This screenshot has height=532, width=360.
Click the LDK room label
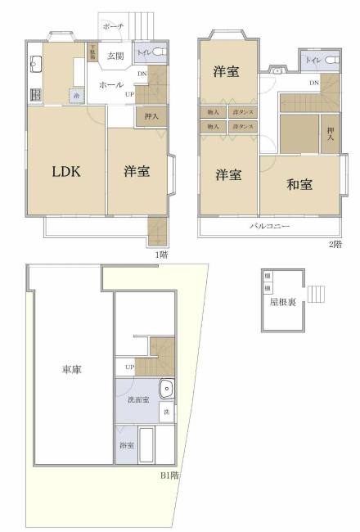tap(66, 172)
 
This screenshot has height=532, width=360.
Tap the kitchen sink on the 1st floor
tap(36, 64)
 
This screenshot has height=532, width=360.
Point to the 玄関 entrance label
tap(115, 56)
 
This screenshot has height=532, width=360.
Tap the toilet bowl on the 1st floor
tap(156, 54)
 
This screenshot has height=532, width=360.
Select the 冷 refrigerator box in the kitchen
tap(76, 96)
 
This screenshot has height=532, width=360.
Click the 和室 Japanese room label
tap(299, 184)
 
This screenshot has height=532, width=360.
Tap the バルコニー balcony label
tap(269, 226)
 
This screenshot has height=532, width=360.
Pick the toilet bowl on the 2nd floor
tap(329, 61)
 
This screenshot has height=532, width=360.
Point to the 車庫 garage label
tap(71, 370)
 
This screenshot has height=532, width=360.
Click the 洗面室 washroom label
tap(137, 399)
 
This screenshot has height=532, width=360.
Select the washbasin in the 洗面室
tap(166, 388)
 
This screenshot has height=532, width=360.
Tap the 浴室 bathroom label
tap(127, 445)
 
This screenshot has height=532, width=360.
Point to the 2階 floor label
tap(335, 244)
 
